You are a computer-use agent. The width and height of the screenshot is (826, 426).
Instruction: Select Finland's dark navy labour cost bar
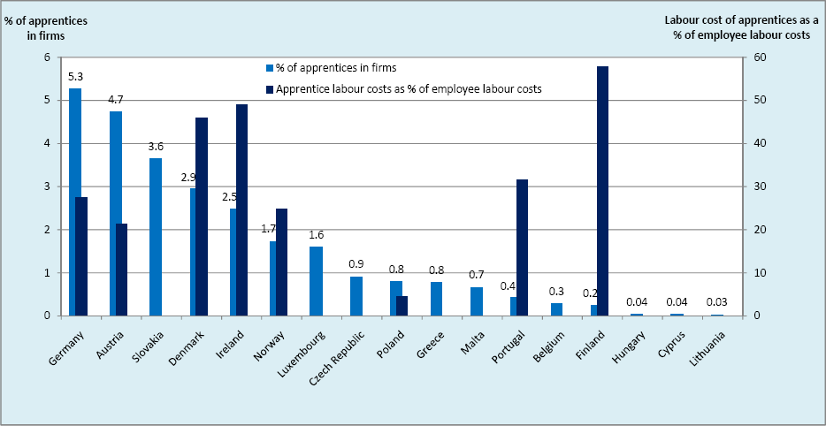602,191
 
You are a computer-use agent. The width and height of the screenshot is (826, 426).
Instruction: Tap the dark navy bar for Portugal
522,247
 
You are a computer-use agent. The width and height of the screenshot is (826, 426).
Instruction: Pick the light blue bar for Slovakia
156,237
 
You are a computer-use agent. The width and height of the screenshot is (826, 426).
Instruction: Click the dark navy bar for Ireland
241,210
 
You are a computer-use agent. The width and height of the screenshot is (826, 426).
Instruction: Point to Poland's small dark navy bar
402,306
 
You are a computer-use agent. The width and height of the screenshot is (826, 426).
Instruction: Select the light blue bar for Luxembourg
316,281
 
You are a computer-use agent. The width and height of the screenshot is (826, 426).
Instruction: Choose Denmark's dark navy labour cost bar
202,217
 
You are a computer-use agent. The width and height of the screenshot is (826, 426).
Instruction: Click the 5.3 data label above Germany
76,77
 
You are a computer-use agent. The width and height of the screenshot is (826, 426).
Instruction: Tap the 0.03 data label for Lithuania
717,302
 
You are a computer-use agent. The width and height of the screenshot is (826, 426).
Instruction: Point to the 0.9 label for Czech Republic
356,263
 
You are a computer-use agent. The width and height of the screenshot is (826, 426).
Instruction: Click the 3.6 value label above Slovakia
156,147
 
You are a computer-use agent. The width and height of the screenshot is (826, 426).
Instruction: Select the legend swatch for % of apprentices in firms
270,68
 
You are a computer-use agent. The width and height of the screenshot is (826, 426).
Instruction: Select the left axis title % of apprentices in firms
46,28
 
